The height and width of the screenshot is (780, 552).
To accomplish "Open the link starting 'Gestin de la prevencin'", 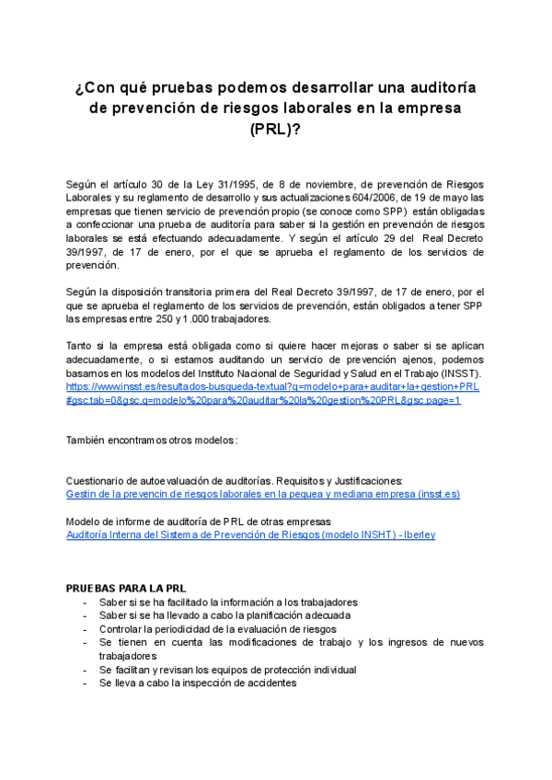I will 263,494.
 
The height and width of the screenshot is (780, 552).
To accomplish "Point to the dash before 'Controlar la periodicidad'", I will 86,629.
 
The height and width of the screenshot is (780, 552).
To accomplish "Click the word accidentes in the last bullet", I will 272,683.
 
